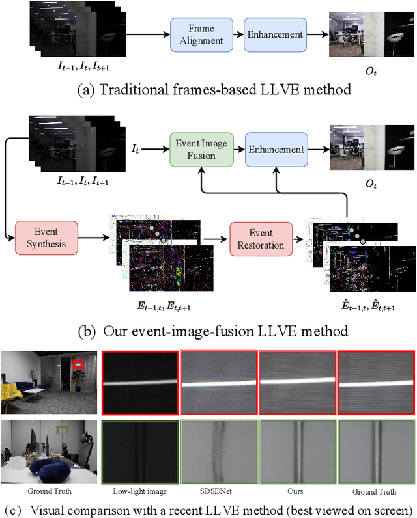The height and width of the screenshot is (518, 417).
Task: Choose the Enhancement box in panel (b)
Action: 274,149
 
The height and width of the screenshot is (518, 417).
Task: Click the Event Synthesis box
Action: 46,239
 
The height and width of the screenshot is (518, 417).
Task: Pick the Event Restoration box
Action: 260,239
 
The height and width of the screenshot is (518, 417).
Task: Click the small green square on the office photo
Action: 63,430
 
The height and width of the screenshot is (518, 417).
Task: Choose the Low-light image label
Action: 139,491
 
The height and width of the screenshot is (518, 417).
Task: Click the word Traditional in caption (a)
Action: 127,89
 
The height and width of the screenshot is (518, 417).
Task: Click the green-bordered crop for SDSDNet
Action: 218,452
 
